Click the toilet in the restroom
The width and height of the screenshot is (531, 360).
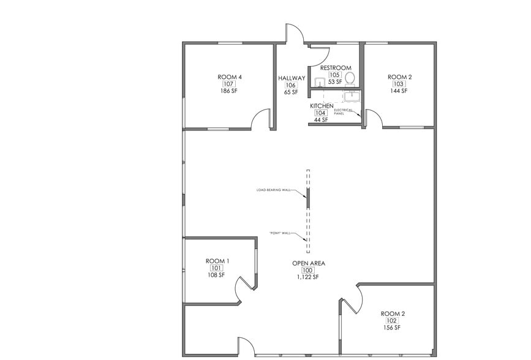pyautogui.click(x=350, y=78)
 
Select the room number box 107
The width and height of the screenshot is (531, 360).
pyautogui.click(x=229, y=84)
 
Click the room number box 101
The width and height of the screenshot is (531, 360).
pyautogui.click(x=217, y=268)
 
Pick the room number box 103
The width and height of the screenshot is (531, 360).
pyautogui.click(x=399, y=84)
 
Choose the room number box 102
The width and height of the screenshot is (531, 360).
pyautogui.click(x=392, y=321)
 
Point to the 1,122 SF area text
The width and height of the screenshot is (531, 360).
pyautogui.click(x=308, y=277)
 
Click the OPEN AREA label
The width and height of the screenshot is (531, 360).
pyautogui.click(x=308, y=263)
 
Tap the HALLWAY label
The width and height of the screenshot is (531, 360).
pyautogui.click(x=291, y=78)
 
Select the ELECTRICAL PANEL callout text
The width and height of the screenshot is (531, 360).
pyautogui.click(x=343, y=112)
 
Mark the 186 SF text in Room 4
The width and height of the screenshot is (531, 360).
pyautogui.click(x=229, y=91)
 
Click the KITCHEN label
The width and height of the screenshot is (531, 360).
pyautogui.click(x=322, y=106)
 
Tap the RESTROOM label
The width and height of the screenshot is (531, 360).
pyautogui.click(x=335, y=67)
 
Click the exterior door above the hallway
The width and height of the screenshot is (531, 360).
pyautogui.click(x=294, y=34)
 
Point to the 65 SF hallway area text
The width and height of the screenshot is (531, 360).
pyautogui.click(x=291, y=92)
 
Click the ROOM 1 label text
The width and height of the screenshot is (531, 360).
pyautogui.click(x=217, y=261)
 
